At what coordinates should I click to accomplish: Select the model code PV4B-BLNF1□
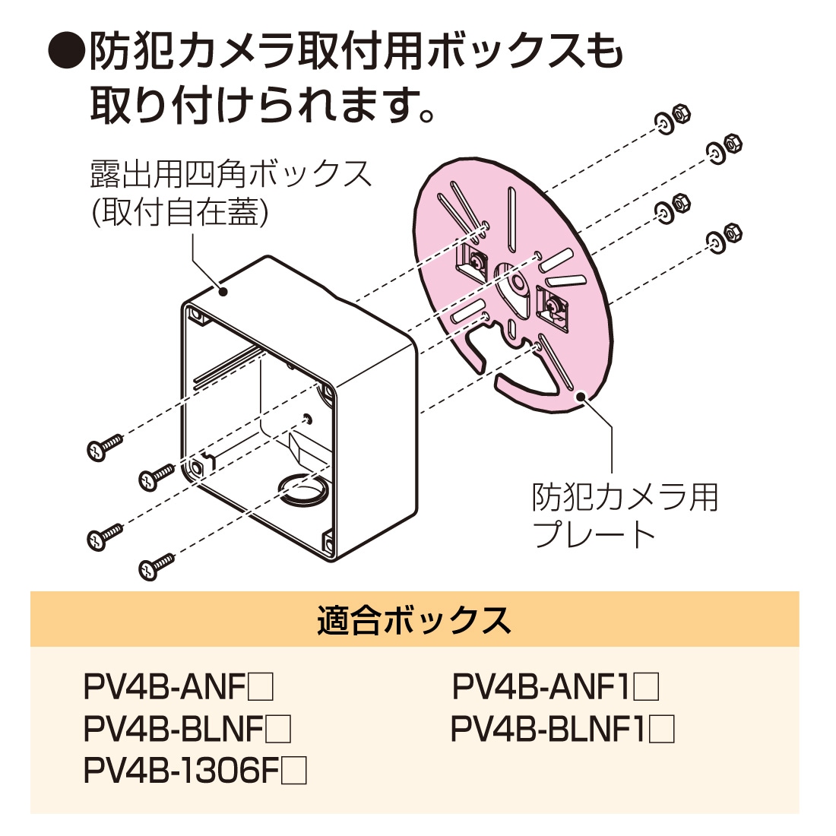tap(562, 730)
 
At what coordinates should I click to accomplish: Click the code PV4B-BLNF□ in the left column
tap(187, 730)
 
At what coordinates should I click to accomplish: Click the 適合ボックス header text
tap(415, 620)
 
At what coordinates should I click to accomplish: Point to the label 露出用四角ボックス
tap(231, 175)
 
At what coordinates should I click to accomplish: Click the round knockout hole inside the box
tap(302, 487)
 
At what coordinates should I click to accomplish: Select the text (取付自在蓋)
tap(179, 214)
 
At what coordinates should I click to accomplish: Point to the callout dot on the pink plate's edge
tap(582, 395)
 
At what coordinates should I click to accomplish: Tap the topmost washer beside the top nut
tap(663, 122)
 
